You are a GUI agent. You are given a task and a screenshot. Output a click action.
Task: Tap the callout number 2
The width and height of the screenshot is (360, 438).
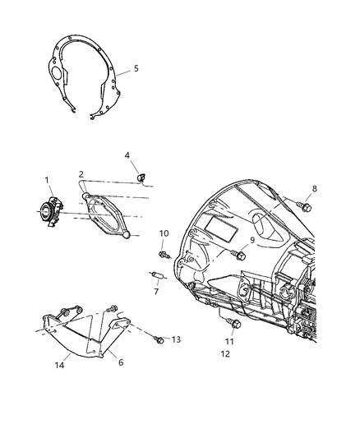coord(81,173)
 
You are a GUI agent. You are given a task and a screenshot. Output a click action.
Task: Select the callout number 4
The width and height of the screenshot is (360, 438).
coord(127,154)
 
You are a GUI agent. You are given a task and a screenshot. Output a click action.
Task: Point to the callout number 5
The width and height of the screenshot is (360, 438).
coord(136,69)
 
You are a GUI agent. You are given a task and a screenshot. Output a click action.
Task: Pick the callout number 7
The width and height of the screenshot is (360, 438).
coord(155,291)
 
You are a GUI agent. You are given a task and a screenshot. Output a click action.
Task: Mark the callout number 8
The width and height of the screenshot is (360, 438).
coord(313,188)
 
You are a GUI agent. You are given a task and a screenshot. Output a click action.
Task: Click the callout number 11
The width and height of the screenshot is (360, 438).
coord(230,340)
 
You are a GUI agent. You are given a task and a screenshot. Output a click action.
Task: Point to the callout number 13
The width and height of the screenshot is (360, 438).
coord(175,339)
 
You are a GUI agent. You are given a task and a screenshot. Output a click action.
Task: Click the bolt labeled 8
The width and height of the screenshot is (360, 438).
coord(305,206)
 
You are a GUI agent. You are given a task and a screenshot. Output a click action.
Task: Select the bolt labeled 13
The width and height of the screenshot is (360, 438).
coord(159,339)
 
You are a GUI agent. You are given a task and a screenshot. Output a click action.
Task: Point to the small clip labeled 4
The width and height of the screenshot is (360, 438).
coord(141,174)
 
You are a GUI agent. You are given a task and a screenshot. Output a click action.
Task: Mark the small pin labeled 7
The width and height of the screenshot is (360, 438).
coord(156,275)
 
